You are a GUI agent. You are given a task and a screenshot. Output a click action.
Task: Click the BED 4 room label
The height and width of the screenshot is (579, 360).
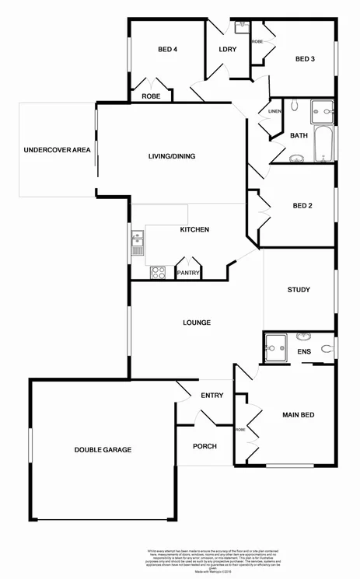(168, 50)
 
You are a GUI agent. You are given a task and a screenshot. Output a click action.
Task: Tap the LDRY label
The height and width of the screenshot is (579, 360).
(227, 50)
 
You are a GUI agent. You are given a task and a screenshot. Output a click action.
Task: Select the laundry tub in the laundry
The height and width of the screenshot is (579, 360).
(241, 26)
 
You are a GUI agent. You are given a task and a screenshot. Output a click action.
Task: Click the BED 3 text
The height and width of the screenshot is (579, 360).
(305, 58)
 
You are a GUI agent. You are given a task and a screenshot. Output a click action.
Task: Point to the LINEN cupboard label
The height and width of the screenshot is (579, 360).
(274, 112)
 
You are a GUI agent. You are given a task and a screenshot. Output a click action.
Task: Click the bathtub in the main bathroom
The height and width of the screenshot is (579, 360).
(323, 145)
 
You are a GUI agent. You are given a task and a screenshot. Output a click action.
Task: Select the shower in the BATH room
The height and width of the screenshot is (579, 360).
(322, 113)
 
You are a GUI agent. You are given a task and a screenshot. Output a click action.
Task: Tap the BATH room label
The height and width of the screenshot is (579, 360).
(299, 136)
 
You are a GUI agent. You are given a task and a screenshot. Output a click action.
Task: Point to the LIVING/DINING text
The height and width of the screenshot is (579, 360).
(172, 156)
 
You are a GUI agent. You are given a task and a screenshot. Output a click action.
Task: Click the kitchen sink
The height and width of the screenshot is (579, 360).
(137, 242)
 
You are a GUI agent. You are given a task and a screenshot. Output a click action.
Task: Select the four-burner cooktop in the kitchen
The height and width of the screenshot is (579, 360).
(158, 272)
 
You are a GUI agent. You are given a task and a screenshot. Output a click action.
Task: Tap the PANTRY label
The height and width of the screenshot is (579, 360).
(189, 273)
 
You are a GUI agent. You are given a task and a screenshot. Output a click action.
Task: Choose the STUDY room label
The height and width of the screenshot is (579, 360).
(299, 290)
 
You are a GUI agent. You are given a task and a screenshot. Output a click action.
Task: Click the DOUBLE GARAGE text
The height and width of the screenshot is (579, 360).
(103, 450)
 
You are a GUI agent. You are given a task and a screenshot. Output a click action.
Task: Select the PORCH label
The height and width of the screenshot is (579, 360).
(204, 446)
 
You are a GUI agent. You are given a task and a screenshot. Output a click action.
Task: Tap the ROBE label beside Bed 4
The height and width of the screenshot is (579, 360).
(151, 96)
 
